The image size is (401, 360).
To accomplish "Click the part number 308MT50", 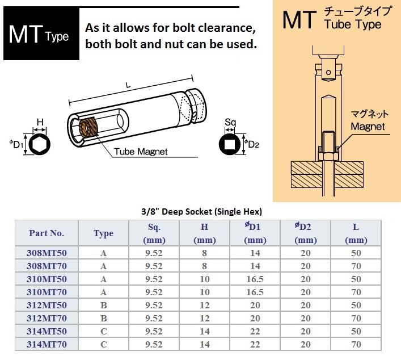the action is pyautogui.click(x=47, y=253).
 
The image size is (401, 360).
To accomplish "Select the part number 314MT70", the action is pyautogui.click(x=47, y=344).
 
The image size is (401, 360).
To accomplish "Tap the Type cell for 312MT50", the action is pyautogui.click(x=104, y=305).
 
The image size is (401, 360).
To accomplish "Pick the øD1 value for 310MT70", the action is pyautogui.click(x=255, y=292).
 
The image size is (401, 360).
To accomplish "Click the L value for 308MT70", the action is pyautogui.click(x=356, y=266).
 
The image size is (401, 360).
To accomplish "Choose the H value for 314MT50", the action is pyautogui.click(x=205, y=331).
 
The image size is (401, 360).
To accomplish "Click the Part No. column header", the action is pyautogui.click(x=47, y=233).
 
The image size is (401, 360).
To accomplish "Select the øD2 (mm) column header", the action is pyautogui.click(x=305, y=233).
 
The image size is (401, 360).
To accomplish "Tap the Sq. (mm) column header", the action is pyautogui.click(x=154, y=233).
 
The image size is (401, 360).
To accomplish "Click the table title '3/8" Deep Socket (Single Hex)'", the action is pyautogui.click(x=201, y=211).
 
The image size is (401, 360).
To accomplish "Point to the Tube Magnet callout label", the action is pyautogui.click(x=141, y=152).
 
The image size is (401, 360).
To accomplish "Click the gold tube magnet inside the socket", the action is pyautogui.click(x=88, y=127).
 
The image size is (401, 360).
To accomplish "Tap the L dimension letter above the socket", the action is pyautogui.click(x=128, y=85).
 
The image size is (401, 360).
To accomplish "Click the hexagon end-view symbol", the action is pyautogui.click(x=40, y=144).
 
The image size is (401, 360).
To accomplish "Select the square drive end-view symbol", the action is pyautogui.click(x=230, y=144).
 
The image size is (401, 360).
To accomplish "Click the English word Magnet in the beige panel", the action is pyautogui.click(x=368, y=127).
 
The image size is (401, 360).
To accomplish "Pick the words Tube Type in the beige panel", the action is pyautogui.click(x=353, y=24).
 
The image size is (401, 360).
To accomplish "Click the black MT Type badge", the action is pyautogui.click(x=41, y=34).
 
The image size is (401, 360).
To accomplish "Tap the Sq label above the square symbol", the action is pyautogui.click(x=230, y=123).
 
